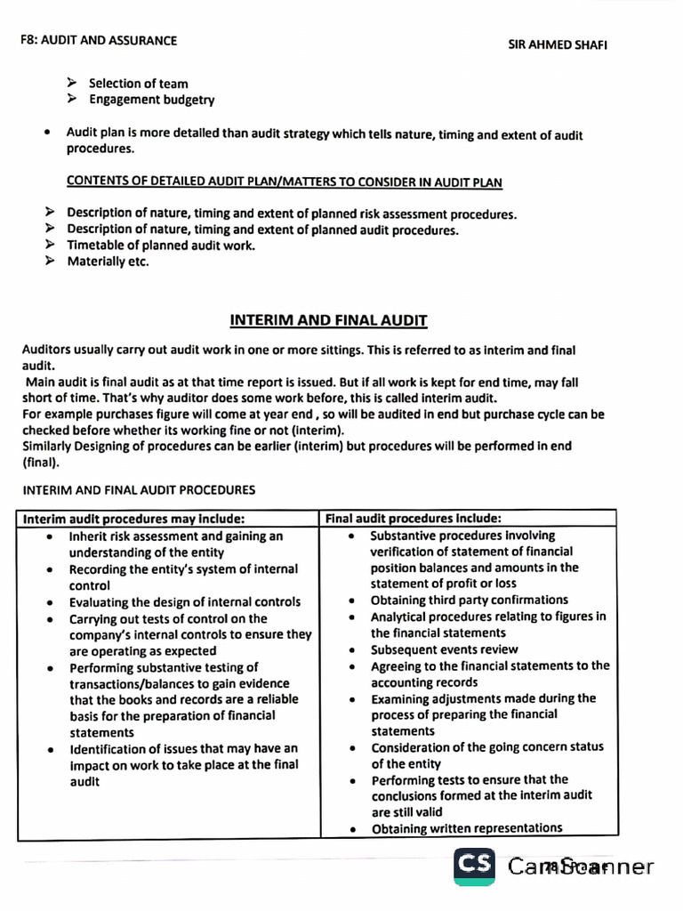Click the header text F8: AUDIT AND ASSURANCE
(x=99, y=40)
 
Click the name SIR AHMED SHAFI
(x=558, y=44)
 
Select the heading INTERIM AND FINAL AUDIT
(x=328, y=320)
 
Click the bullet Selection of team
(x=138, y=84)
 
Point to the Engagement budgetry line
(x=151, y=100)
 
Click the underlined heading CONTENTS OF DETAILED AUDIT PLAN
(x=284, y=182)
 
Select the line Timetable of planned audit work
(x=160, y=246)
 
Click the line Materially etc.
(x=108, y=262)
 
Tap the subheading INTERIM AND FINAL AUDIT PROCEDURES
(x=139, y=489)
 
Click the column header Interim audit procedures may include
(x=134, y=519)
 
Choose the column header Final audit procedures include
(x=414, y=518)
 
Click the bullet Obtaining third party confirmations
(x=469, y=600)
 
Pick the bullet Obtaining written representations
(x=466, y=828)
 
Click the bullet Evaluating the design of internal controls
(x=184, y=602)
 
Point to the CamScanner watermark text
(x=580, y=867)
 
